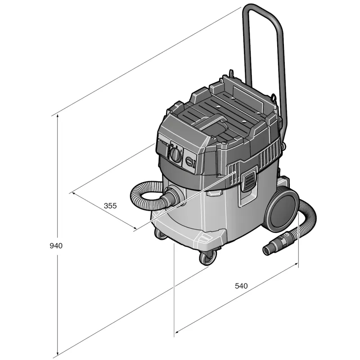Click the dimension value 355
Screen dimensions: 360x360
[110, 206]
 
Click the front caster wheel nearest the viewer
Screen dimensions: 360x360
[208, 257]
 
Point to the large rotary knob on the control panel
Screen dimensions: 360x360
[175, 155]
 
